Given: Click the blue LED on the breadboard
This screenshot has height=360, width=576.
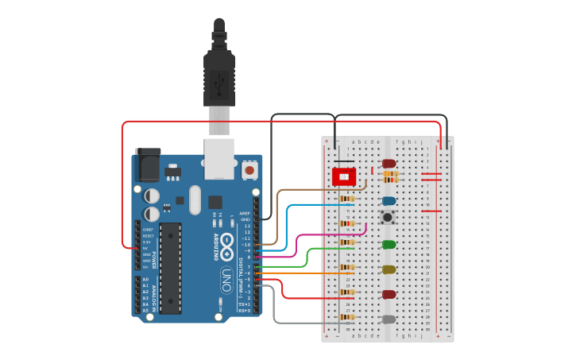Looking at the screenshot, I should tap(389, 201).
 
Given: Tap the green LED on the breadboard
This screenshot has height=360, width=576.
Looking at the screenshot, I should tap(389, 245).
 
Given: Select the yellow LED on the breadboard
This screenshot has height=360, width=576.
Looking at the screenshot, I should tap(389, 269).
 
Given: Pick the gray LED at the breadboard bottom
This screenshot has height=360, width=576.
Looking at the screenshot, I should tap(389, 319).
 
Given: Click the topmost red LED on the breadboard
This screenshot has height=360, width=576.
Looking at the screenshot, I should tap(389, 163).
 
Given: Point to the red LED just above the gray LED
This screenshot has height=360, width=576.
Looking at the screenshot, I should tap(389, 294).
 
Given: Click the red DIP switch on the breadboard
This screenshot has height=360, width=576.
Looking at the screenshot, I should tap(343, 175).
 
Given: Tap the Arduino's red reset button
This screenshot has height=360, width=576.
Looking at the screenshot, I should tap(250, 169).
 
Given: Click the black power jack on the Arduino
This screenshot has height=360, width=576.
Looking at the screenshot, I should tap(148, 165).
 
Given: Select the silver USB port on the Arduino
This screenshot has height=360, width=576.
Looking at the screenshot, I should tap(219, 157).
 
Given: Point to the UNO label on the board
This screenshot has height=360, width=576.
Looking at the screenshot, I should tap(226, 278).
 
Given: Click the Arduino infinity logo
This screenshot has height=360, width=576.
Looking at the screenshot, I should tap(227, 242).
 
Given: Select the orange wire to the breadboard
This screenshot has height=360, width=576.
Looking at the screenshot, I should tap(302, 273).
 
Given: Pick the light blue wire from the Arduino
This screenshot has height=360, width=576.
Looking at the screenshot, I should tap(287, 223).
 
